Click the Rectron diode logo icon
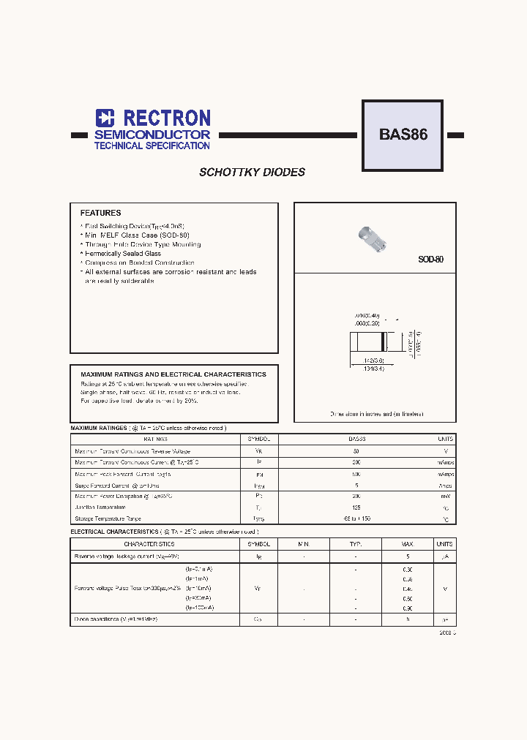point(105,118)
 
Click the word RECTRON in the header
point(166,118)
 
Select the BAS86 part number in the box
point(403,135)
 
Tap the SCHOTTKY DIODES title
point(252,173)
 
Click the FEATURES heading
point(100,213)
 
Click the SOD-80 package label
point(430,260)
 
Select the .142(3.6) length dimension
point(374,360)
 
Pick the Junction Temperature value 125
point(356,507)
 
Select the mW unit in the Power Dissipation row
point(444,496)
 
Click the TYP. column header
point(356,544)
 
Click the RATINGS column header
point(155,439)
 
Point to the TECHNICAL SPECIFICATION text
point(152,146)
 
